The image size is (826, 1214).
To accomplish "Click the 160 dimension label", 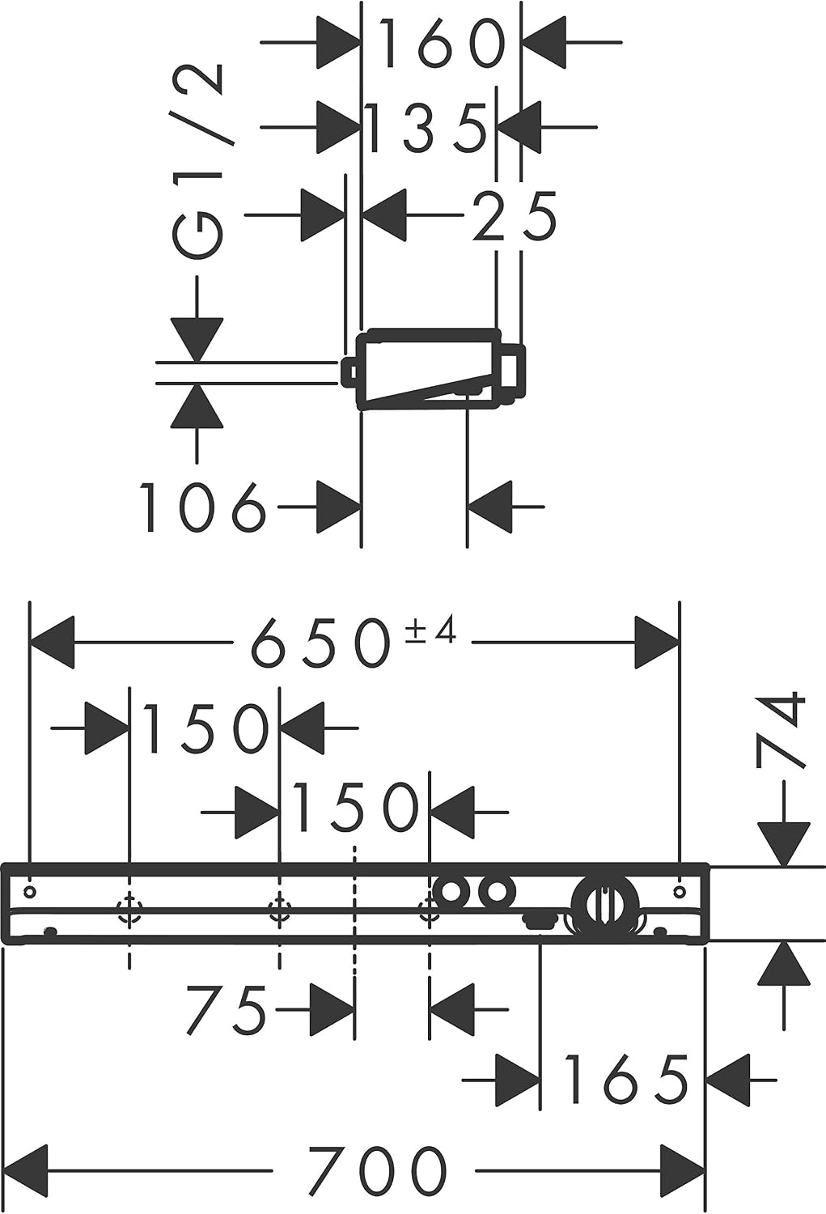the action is pyautogui.click(x=443, y=44).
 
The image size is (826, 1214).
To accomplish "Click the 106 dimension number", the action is pyautogui.click(x=203, y=507).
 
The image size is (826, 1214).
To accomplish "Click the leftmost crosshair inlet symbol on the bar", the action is pyautogui.click(x=129, y=907).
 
